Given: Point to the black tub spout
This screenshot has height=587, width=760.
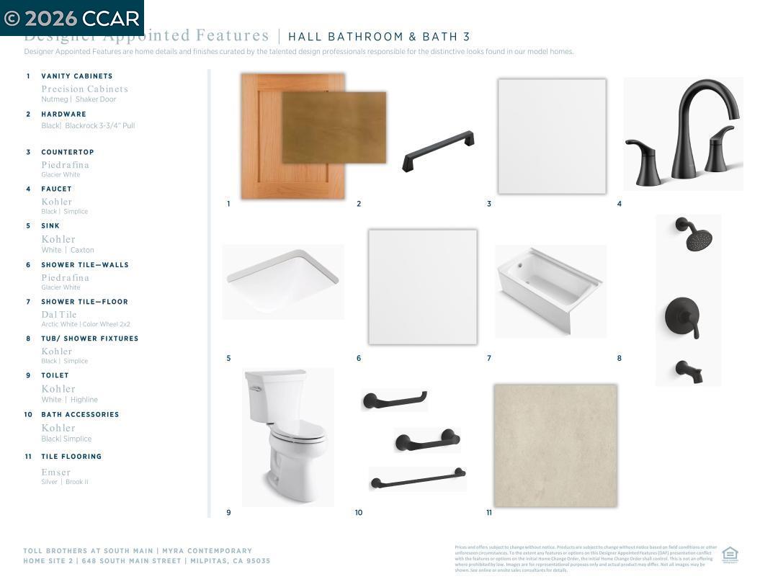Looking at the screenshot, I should click(x=688, y=372).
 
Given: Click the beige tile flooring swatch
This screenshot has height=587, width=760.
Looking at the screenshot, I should click(x=555, y=445).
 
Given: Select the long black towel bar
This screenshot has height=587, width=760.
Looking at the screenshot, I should click(x=418, y=478).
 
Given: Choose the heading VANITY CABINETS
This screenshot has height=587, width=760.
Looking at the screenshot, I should click(x=76, y=76).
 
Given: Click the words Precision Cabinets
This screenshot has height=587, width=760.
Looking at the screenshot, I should click(x=84, y=89).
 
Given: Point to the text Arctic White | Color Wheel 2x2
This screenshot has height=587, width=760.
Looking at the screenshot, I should click(x=86, y=325).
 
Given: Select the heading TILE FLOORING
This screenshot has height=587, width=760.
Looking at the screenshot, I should click(x=71, y=457).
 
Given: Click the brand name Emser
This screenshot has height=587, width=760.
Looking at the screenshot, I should click(x=56, y=472).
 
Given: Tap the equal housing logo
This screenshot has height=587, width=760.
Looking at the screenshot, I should click(x=730, y=555).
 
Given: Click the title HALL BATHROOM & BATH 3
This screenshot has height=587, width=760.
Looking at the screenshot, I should click(x=379, y=37).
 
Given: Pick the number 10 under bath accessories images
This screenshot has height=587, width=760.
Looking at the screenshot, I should click(x=359, y=513).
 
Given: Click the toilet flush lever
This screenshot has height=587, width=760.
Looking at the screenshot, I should click(x=254, y=389).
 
